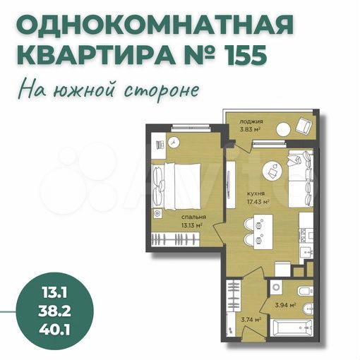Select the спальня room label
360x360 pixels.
click(x=192, y=217)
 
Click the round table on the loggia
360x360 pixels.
click(x=282, y=128)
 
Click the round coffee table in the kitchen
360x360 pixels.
click(x=272, y=171)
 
